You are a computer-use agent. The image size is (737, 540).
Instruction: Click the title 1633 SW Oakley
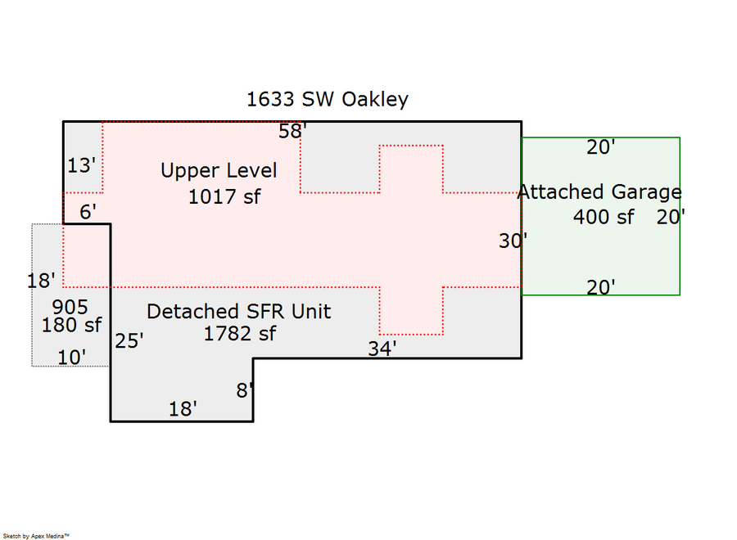(328, 100)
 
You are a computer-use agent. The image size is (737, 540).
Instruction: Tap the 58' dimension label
(292, 131)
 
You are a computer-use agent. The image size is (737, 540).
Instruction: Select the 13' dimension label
(82, 166)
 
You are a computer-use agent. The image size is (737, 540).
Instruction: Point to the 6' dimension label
(88, 212)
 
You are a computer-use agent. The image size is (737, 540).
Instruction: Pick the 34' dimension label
(382, 348)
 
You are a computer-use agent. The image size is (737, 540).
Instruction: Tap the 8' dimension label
(245, 390)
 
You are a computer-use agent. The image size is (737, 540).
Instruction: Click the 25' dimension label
(129, 340)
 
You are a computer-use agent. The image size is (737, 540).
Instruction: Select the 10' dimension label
(72, 357)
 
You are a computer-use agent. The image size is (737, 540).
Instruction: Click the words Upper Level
(219, 171)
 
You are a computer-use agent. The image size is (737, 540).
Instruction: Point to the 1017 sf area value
(224, 197)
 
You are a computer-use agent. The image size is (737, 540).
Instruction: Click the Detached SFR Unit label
(238, 312)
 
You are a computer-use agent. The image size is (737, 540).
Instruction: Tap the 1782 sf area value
(240, 334)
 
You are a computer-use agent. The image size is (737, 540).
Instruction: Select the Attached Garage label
(599, 192)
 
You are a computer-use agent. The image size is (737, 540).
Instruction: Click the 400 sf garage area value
(604, 218)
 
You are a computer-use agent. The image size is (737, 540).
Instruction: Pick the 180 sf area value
(71, 325)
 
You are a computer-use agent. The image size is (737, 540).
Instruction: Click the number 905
(70, 308)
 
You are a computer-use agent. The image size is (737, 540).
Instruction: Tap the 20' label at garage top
(602, 147)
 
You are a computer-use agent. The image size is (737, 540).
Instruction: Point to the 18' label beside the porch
(41, 281)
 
